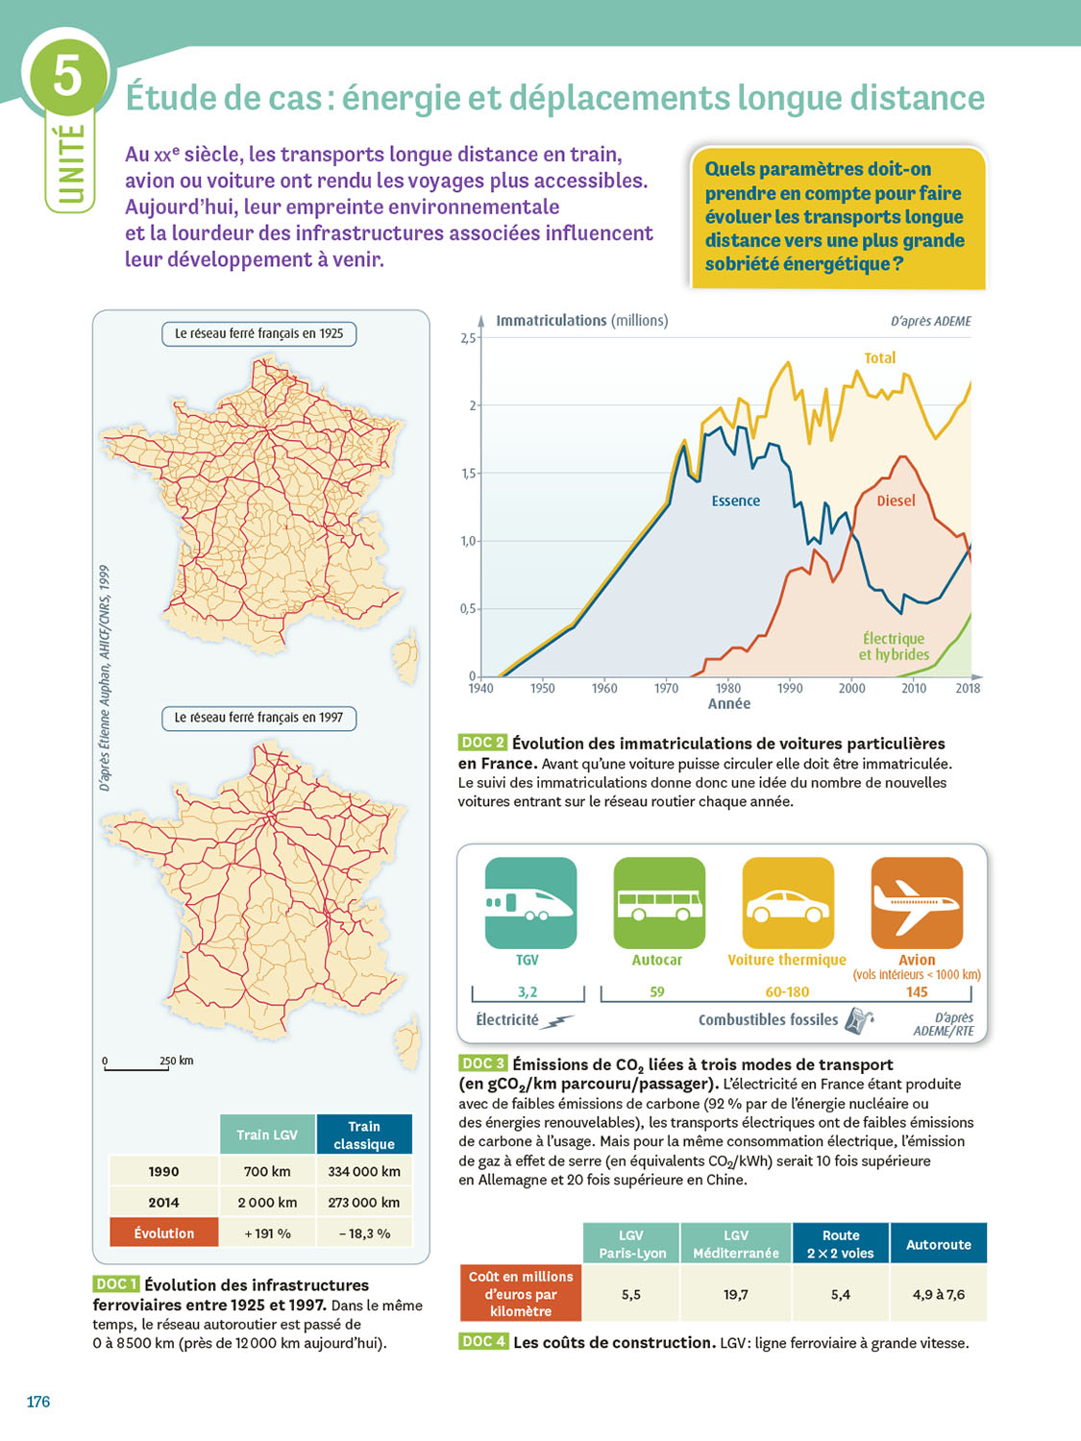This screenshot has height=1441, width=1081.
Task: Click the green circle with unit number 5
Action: click(67, 74)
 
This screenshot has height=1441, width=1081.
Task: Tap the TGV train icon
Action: click(530, 902)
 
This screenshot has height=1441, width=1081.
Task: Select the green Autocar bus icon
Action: click(659, 902)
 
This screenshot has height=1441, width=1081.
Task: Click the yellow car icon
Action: click(788, 902)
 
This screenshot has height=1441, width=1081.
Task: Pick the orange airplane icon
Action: click(917, 902)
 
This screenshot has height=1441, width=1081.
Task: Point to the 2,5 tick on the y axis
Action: click(468, 338)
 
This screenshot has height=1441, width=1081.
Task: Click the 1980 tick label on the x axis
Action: click(728, 688)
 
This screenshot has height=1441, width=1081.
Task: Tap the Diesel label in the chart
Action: click(896, 501)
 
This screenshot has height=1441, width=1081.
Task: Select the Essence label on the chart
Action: click(735, 501)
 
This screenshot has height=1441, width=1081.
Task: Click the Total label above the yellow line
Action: click(879, 358)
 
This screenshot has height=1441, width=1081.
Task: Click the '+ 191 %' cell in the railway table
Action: click(267, 1233)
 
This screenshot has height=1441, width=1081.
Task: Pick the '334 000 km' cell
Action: click(364, 1172)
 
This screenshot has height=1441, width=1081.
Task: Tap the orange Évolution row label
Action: click(164, 1233)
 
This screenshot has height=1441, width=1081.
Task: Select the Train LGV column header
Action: click(267, 1135)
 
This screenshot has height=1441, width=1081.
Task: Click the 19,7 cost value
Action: click(736, 1295)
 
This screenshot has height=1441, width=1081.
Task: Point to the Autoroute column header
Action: click(939, 1244)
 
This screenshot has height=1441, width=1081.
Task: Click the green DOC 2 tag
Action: click(482, 743)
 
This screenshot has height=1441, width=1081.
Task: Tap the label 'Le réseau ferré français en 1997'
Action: click(258, 718)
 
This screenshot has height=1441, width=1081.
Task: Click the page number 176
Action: click(38, 1402)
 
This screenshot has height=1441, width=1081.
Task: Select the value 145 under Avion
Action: click(917, 992)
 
